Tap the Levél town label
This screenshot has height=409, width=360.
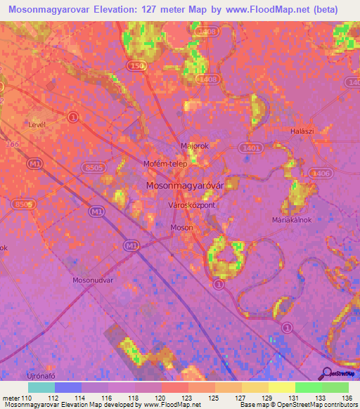point(37,124)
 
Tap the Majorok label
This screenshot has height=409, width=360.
point(195,146)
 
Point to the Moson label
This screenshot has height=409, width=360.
point(182,228)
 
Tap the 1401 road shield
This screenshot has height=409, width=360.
point(251,149)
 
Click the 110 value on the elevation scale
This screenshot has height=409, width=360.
point(27,398)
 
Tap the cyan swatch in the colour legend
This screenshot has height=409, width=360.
point(41,387)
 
